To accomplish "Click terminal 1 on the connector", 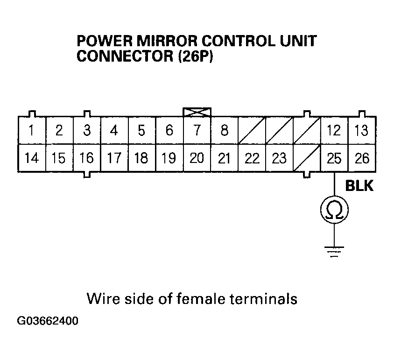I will click(32, 131).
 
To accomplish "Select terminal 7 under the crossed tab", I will click(197, 131).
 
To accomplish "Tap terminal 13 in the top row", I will click(362, 131).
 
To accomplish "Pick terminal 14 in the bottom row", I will click(32, 158).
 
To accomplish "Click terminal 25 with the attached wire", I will click(334, 158).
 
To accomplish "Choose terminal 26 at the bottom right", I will click(362, 158).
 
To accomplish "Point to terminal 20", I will click(197, 158).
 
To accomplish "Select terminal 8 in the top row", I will click(225, 131).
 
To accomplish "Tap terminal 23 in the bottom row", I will click(279, 158).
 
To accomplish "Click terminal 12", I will click(334, 131).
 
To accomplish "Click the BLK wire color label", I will click(359, 186).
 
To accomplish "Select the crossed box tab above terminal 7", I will click(197, 112).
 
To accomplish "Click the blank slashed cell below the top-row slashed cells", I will click(307, 158).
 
